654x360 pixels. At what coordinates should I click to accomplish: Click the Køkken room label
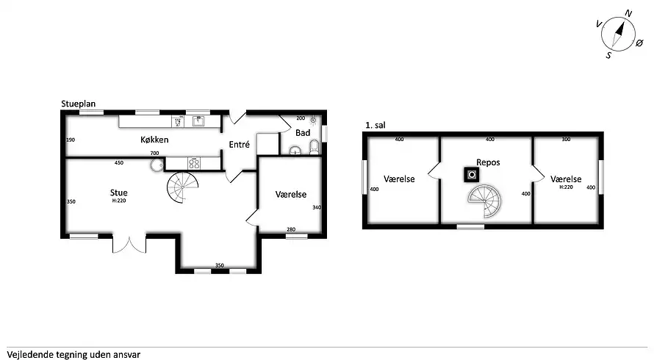[x=154, y=140]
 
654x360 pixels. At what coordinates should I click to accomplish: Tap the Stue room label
[x=119, y=192]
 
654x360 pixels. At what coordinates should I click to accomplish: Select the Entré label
[x=240, y=144]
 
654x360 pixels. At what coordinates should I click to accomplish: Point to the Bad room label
[x=303, y=133]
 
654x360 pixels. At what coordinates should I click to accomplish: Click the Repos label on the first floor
[x=488, y=162]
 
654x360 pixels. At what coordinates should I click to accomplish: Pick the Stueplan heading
[x=79, y=104]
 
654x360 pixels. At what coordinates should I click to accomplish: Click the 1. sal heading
[x=375, y=125]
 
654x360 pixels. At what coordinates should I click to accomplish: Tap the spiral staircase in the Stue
[x=183, y=187]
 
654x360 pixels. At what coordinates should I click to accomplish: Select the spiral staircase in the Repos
[x=484, y=201]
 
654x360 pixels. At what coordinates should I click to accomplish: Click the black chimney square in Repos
[x=472, y=175]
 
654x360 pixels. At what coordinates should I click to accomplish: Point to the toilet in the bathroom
[x=314, y=147]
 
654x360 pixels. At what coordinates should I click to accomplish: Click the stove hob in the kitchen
[x=194, y=163]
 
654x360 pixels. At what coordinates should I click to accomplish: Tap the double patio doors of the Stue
[x=129, y=245]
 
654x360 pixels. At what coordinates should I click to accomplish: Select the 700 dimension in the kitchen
[x=155, y=153]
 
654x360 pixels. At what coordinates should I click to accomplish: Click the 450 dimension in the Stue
[x=119, y=162]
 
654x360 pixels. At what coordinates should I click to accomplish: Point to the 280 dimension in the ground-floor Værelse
[x=291, y=229]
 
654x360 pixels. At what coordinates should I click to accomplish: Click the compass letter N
[x=628, y=14]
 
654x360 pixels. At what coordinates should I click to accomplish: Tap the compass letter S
[x=609, y=55]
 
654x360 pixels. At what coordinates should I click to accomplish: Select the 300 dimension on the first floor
[x=566, y=140]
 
